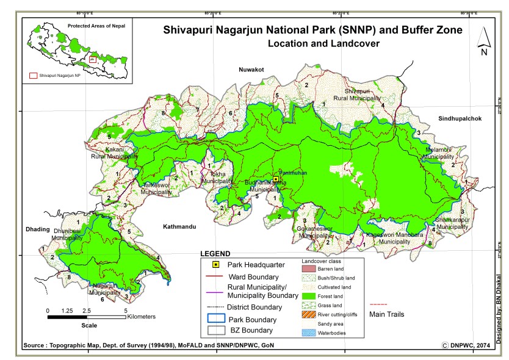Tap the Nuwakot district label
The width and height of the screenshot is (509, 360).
[251, 70]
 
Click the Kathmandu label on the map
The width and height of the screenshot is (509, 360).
[179, 226]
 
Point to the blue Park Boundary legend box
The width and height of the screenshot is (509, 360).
[215, 319]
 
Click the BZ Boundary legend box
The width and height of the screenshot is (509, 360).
[215, 331]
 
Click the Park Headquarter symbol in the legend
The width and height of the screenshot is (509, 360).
[215, 265]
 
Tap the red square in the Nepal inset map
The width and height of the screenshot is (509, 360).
[92, 59]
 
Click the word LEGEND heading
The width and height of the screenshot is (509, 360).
[215, 253]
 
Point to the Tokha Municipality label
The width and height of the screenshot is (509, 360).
[217, 178]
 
